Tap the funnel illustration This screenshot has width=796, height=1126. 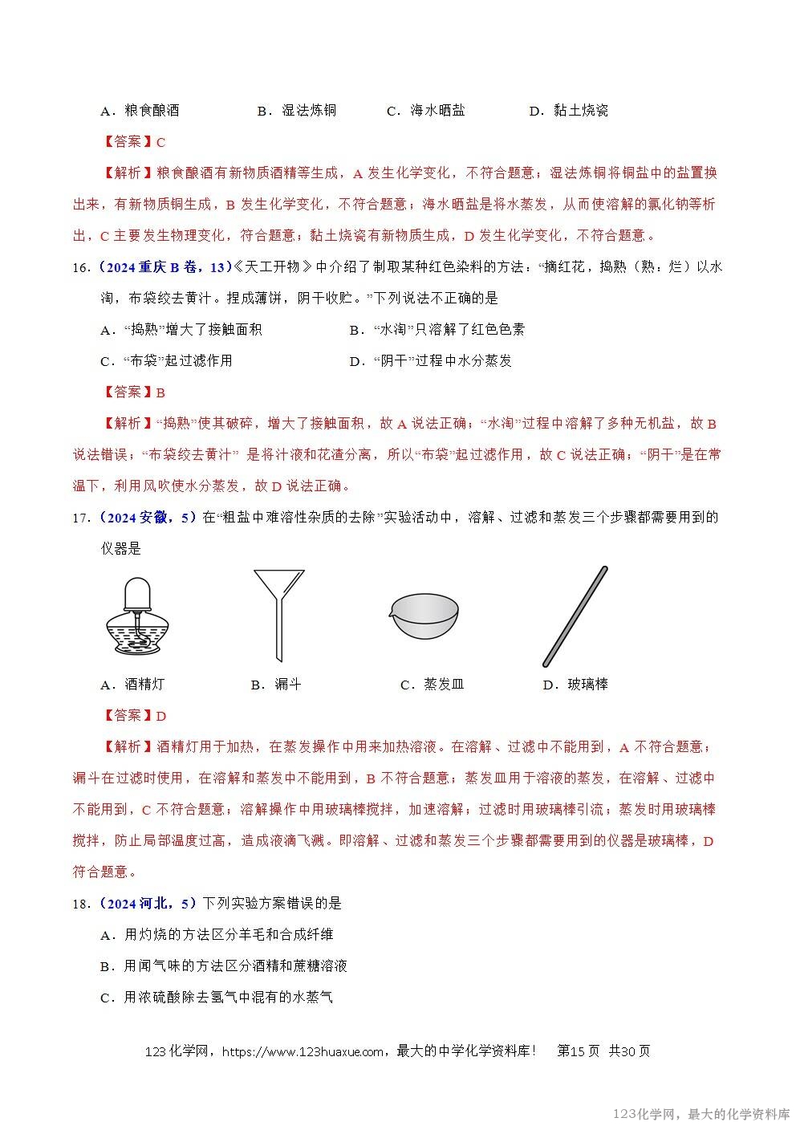click(x=278, y=614)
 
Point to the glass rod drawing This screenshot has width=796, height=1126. click(x=575, y=616)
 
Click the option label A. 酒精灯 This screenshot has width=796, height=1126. click(x=132, y=685)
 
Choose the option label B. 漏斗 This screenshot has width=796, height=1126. click(x=276, y=685)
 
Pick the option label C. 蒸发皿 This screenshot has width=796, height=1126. click(x=433, y=685)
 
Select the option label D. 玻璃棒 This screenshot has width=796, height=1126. click(x=575, y=685)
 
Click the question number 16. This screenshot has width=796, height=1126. click(x=80, y=267)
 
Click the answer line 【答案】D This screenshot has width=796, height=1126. click(x=135, y=716)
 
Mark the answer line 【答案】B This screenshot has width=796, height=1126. click(x=135, y=392)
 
